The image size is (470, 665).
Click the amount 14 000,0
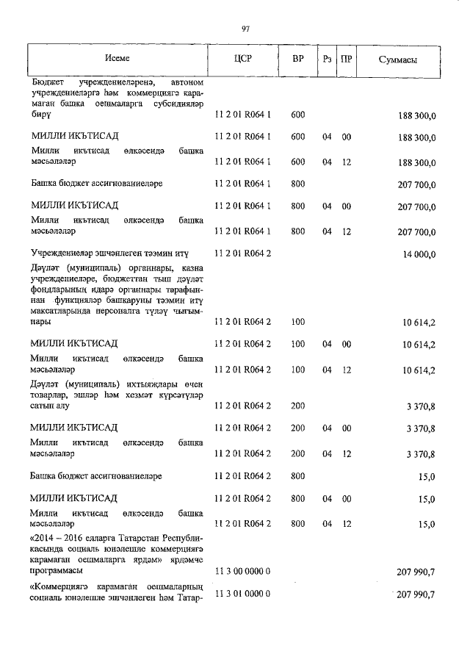(418, 254)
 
